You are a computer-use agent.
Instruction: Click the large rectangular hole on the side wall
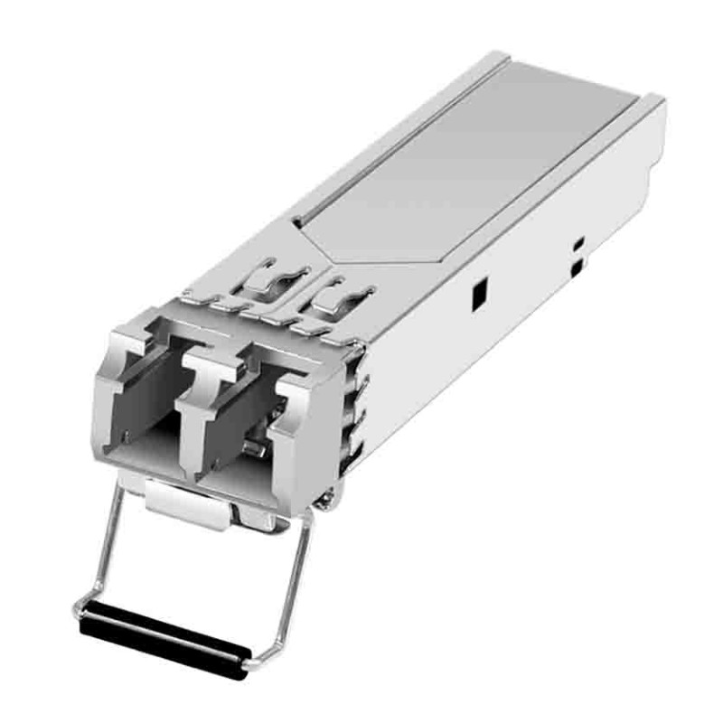click(479, 291)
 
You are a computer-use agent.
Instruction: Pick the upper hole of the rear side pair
click(579, 243)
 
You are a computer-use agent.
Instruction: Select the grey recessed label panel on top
click(470, 163)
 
